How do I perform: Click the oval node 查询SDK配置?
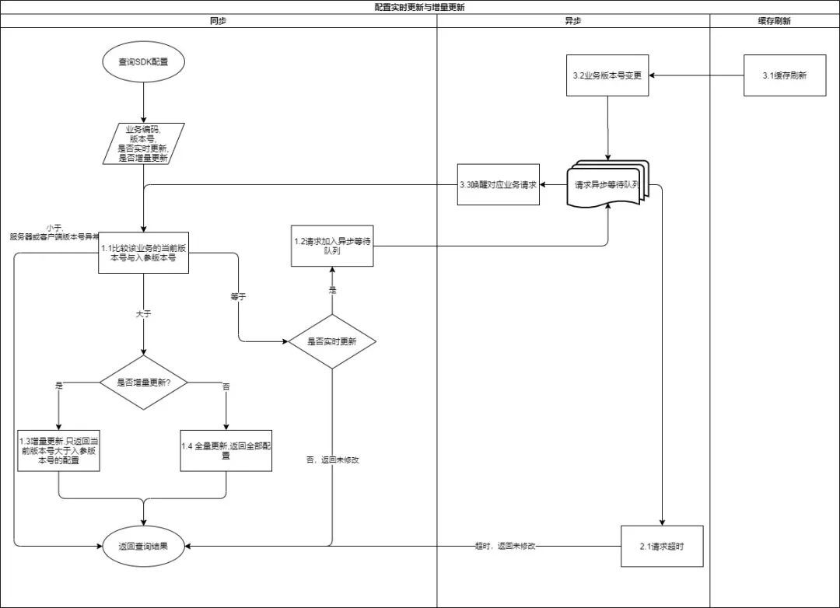coord(143,61)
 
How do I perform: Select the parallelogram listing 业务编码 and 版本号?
coord(143,143)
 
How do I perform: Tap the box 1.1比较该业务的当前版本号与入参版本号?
coord(144,253)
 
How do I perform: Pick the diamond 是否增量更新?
coord(144,382)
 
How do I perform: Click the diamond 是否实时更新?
coord(332,341)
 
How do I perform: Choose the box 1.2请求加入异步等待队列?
coord(332,246)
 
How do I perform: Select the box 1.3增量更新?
coord(60,450)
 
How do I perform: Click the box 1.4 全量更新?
coord(226,450)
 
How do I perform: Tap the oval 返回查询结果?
coord(143,547)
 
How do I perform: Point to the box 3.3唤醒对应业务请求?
coord(498,185)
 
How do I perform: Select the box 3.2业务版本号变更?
coord(607,76)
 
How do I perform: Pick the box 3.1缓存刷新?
coord(784,76)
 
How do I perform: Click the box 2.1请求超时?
coord(662,547)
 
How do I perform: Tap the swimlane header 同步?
coord(219,22)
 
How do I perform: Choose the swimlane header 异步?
coord(572,22)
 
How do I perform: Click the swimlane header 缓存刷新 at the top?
coord(774,22)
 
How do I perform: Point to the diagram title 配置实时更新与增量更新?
coord(420,7)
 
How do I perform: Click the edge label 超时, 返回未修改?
coord(505,547)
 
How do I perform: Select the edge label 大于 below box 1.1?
coord(144,314)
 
